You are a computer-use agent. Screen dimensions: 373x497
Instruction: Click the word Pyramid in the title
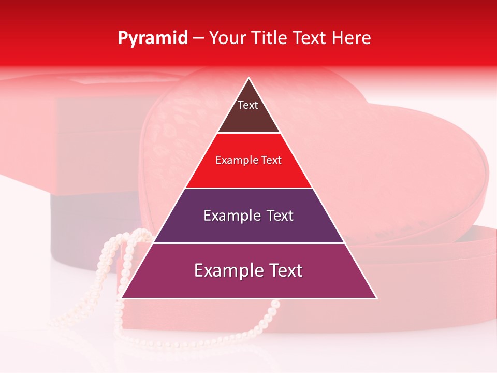(152, 38)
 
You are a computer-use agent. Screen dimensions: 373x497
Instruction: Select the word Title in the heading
(269, 38)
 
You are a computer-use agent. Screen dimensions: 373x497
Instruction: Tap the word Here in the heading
(352, 38)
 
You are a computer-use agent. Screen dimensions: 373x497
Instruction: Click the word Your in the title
(228, 38)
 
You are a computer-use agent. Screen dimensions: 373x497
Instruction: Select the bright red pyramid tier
(248, 174)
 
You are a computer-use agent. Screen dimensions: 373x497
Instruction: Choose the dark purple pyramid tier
(248, 228)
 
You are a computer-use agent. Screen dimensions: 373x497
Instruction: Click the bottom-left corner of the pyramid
(122, 298)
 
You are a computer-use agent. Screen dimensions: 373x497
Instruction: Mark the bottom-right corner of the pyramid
(376, 298)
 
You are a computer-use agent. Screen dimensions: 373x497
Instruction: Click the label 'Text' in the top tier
(247, 105)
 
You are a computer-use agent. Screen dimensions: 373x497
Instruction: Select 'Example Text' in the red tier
(248, 160)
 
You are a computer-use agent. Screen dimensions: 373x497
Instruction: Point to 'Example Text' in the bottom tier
(248, 270)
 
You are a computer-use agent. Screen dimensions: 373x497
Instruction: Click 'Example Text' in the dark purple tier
(248, 216)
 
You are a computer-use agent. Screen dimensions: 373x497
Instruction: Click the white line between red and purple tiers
(248, 188)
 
